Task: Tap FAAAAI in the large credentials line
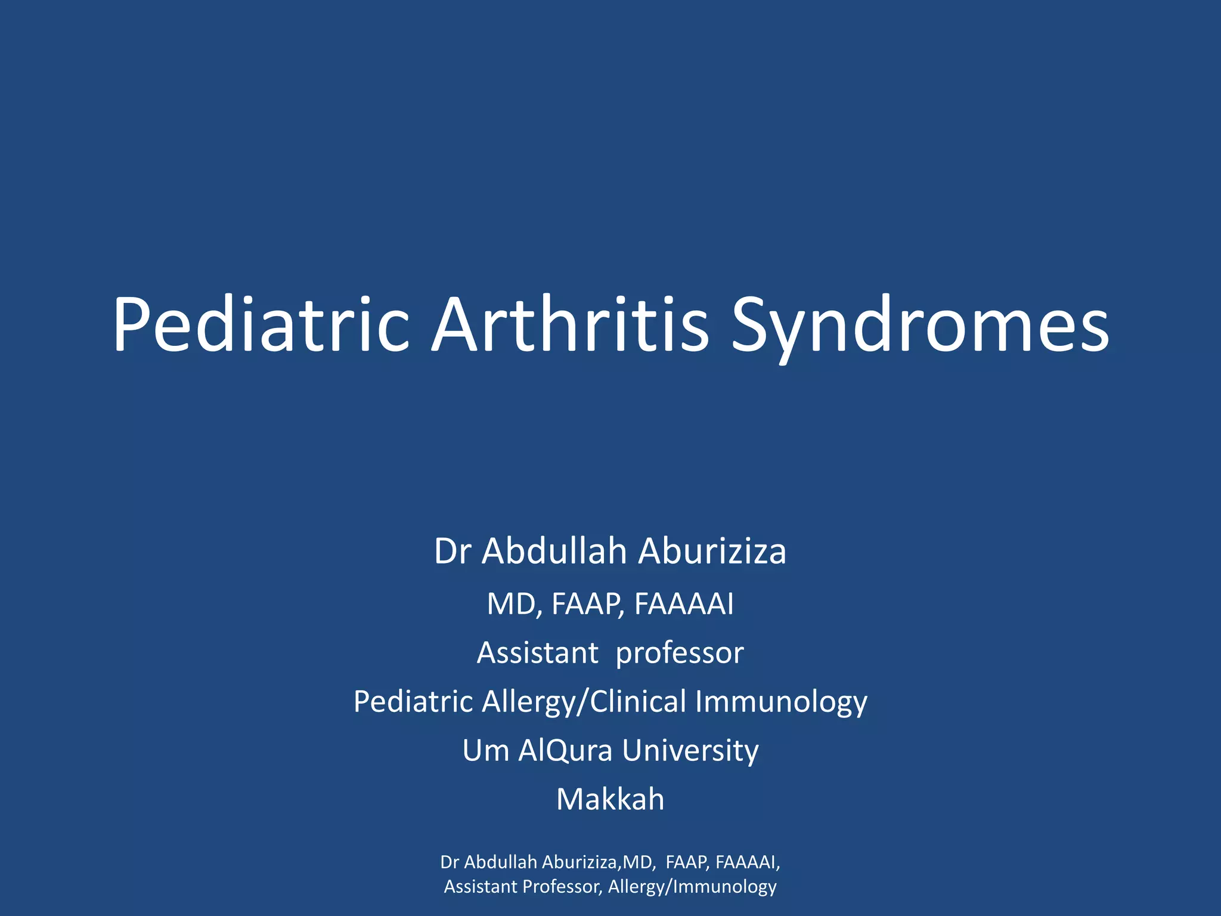click(x=684, y=604)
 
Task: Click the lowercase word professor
click(x=680, y=654)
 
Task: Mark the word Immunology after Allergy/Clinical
click(x=781, y=703)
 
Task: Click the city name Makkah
click(x=610, y=799)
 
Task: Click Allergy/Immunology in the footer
click(x=692, y=887)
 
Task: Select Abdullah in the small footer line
click(x=501, y=862)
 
